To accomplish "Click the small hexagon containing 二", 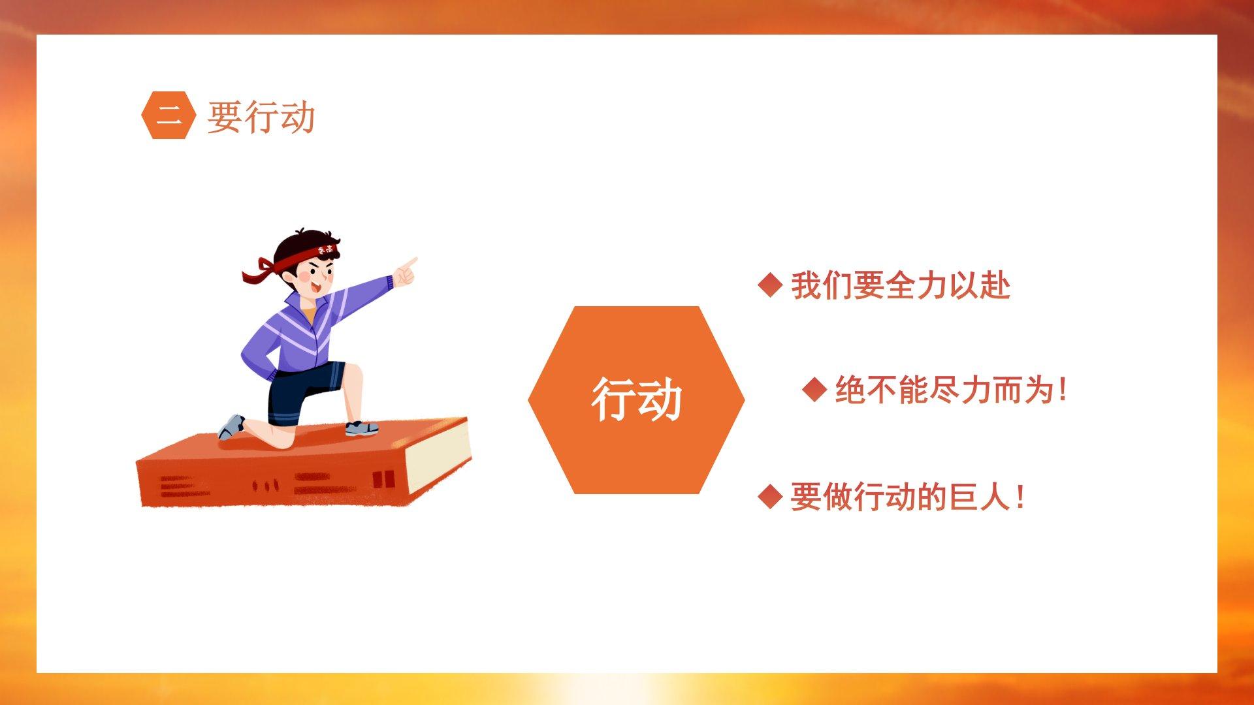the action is (169, 116).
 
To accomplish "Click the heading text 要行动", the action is (261, 117).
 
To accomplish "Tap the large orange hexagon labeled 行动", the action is (636, 399).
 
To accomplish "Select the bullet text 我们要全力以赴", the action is (901, 286).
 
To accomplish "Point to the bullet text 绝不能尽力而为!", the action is (951, 390).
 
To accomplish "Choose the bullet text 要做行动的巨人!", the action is (907, 497).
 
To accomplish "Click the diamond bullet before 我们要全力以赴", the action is (771, 285).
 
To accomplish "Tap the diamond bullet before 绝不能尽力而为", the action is (815, 390).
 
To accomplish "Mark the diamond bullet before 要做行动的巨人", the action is (771, 497).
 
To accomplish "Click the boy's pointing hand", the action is (405, 272).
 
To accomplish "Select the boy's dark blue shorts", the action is (304, 390).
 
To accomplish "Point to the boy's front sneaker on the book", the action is (361, 428).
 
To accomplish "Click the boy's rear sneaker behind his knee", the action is (231, 427).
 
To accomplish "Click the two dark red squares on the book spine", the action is (384, 480).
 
